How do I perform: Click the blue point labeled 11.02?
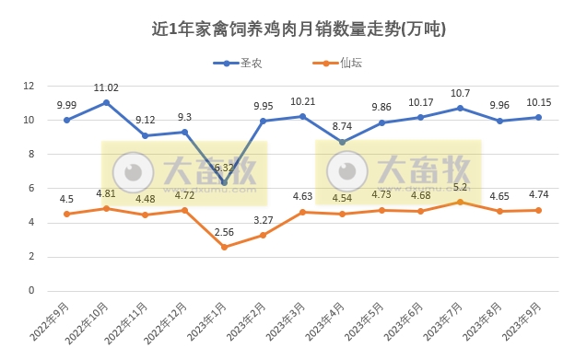[x=106, y=102]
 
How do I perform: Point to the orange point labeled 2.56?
[x=224, y=247]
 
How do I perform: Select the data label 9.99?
[x=66, y=105]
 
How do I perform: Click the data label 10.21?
[x=303, y=101]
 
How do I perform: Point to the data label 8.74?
[x=342, y=126]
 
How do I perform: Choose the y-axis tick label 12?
[x=29, y=86]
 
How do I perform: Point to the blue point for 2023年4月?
[x=342, y=142]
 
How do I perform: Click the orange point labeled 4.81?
[x=106, y=208]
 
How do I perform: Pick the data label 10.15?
[x=539, y=102]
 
